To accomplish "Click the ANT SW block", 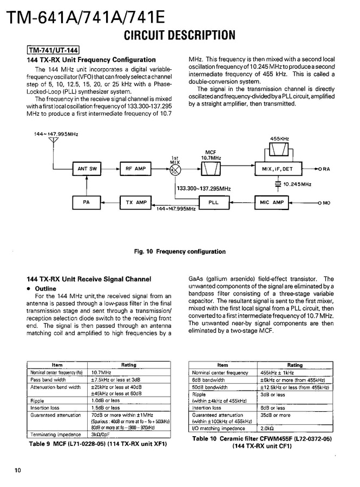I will [87, 169].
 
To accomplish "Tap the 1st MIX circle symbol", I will [175, 169].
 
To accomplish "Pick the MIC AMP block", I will [272, 202].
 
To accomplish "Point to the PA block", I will [87, 202].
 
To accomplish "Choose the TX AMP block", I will [136, 202].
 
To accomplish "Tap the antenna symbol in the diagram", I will [53, 142].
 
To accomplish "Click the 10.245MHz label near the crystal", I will [297, 184].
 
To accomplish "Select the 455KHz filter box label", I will [279, 139].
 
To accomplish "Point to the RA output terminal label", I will [326, 169].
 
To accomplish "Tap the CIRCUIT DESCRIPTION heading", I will [180, 36].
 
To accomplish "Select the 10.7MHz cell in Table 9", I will [101, 372].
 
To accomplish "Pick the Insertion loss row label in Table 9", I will [45, 407].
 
